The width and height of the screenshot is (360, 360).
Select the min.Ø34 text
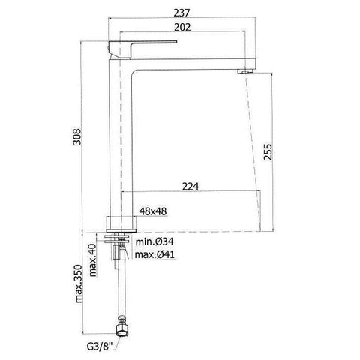click(154, 241)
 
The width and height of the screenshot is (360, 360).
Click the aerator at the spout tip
click(241, 69)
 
